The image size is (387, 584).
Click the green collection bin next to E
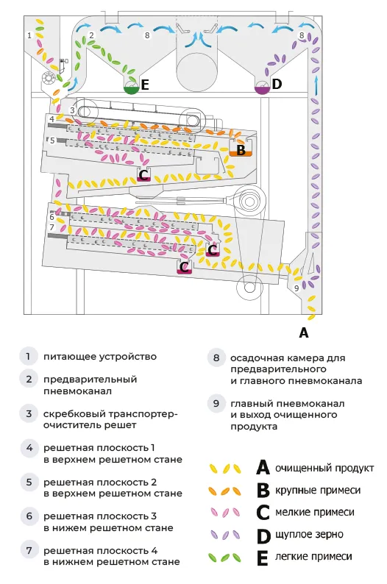click(131, 89)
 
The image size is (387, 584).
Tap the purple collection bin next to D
click(260, 89)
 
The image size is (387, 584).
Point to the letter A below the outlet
click(304, 332)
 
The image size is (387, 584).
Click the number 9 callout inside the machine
click(297, 288)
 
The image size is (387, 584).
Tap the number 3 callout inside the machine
click(72, 110)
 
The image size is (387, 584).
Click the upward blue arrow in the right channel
click(317, 82)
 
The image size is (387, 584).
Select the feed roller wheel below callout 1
click(51, 80)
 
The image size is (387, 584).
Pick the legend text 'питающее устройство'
click(100, 357)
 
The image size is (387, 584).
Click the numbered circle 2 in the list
click(29, 380)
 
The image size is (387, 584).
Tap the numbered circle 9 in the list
click(216, 402)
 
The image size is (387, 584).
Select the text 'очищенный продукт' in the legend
click(324, 468)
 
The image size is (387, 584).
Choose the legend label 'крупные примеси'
click(319, 490)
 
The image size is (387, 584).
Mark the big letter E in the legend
click(263, 558)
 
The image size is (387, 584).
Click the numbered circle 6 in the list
click(29, 516)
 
